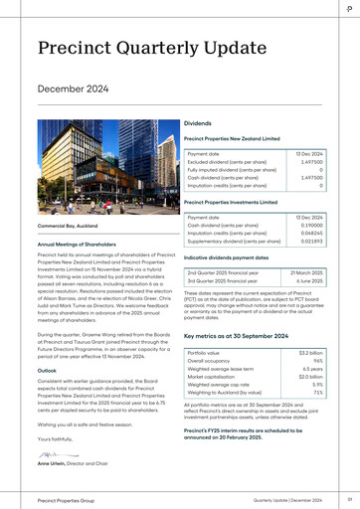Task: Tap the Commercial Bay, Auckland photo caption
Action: click(68, 227)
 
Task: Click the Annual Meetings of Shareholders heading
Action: click(83, 244)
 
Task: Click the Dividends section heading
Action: click(198, 123)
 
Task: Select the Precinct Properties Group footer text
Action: click(66, 500)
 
